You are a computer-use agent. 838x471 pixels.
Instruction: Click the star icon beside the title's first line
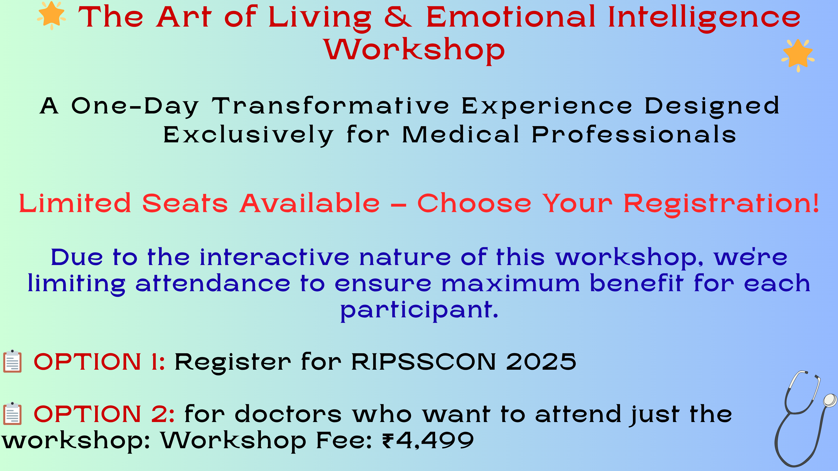click(x=51, y=15)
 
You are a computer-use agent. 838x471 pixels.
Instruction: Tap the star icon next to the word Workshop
click(x=798, y=55)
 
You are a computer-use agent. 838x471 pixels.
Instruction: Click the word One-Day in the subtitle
click(x=135, y=107)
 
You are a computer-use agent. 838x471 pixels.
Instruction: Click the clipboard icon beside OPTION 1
click(x=12, y=361)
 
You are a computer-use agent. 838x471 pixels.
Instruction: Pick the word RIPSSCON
click(x=424, y=362)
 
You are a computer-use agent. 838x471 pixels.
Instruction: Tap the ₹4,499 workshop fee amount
click(x=428, y=441)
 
